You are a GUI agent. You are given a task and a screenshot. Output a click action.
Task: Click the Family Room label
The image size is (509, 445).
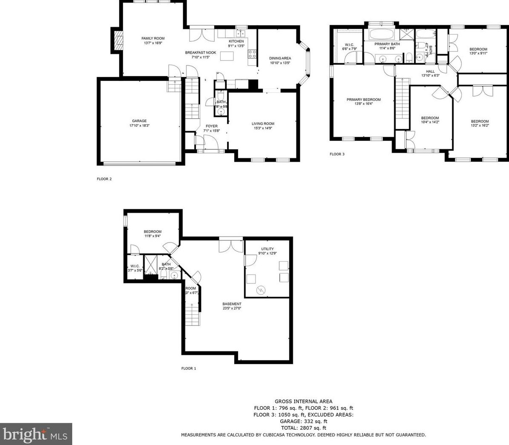(x=153, y=38)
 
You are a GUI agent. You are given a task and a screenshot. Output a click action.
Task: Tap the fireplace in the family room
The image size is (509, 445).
(x=117, y=40)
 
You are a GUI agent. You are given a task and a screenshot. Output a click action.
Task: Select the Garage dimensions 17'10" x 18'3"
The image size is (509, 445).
(x=139, y=126)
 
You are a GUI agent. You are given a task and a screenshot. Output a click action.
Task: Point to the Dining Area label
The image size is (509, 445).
(x=280, y=58)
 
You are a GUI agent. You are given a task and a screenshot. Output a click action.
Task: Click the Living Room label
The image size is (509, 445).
(x=263, y=123)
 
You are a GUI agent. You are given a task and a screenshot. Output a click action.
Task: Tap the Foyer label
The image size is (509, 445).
(x=211, y=126)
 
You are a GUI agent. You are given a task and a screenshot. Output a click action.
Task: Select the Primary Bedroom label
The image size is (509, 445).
(x=363, y=100)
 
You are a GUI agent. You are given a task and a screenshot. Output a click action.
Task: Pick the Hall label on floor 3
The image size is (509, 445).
(x=430, y=71)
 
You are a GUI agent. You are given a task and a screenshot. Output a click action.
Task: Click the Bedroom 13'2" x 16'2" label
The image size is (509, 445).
(x=479, y=121)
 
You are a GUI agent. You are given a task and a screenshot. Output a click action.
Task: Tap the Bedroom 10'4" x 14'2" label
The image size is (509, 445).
(x=430, y=118)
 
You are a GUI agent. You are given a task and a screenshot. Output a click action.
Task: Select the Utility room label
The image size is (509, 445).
(x=267, y=249)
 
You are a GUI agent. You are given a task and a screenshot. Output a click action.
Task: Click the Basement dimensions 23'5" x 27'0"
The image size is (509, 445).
(x=232, y=308)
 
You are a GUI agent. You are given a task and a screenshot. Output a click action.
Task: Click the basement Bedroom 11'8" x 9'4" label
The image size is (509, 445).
(x=153, y=231)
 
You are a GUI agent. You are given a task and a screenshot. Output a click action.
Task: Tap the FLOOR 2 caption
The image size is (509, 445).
(x=104, y=179)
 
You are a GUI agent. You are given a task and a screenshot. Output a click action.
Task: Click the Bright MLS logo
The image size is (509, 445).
(x=36, y=434)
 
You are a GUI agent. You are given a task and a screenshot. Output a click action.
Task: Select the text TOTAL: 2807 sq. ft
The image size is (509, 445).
(x=303, y=428)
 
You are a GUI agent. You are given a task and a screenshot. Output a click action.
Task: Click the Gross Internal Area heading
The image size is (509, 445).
(x=303, y=401)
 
